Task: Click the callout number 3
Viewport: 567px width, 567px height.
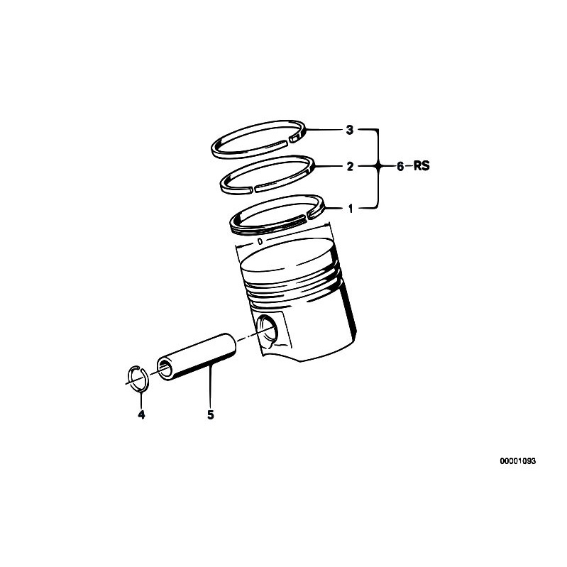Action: click(x=349, y=130)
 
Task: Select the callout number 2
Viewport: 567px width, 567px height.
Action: click(x=349, y=167)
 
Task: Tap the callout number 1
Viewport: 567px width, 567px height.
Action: click(x=349, y=209)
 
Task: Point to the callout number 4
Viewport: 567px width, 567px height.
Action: click(x=141, y=415)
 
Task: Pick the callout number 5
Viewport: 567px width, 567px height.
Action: click(x=211, y=415)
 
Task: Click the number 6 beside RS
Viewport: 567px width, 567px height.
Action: click(x=400, y=167)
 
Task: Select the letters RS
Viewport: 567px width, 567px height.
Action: click(x=422, y=167)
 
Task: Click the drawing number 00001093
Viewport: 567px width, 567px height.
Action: click(x=517, y=461)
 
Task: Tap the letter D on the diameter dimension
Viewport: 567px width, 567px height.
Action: click(x=260, y=241)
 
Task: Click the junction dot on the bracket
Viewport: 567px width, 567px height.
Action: click(x=378, y=167)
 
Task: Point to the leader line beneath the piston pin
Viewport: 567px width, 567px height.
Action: click(x=211, y=386)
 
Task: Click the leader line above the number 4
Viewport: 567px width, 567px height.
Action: click(x=141, y=398)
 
